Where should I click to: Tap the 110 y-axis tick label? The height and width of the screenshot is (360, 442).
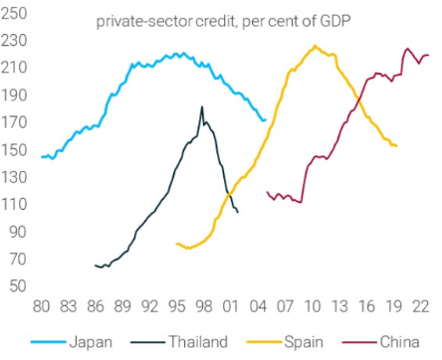point(15,204)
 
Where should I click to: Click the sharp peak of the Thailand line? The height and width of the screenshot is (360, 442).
point(202,106)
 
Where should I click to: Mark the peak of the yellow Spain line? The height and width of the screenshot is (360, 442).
point(315,46)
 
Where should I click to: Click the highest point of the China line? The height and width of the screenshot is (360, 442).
point(407,48)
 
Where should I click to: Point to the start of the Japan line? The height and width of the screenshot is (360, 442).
point(42,157)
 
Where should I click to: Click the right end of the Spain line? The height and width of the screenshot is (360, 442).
point(397,146)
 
